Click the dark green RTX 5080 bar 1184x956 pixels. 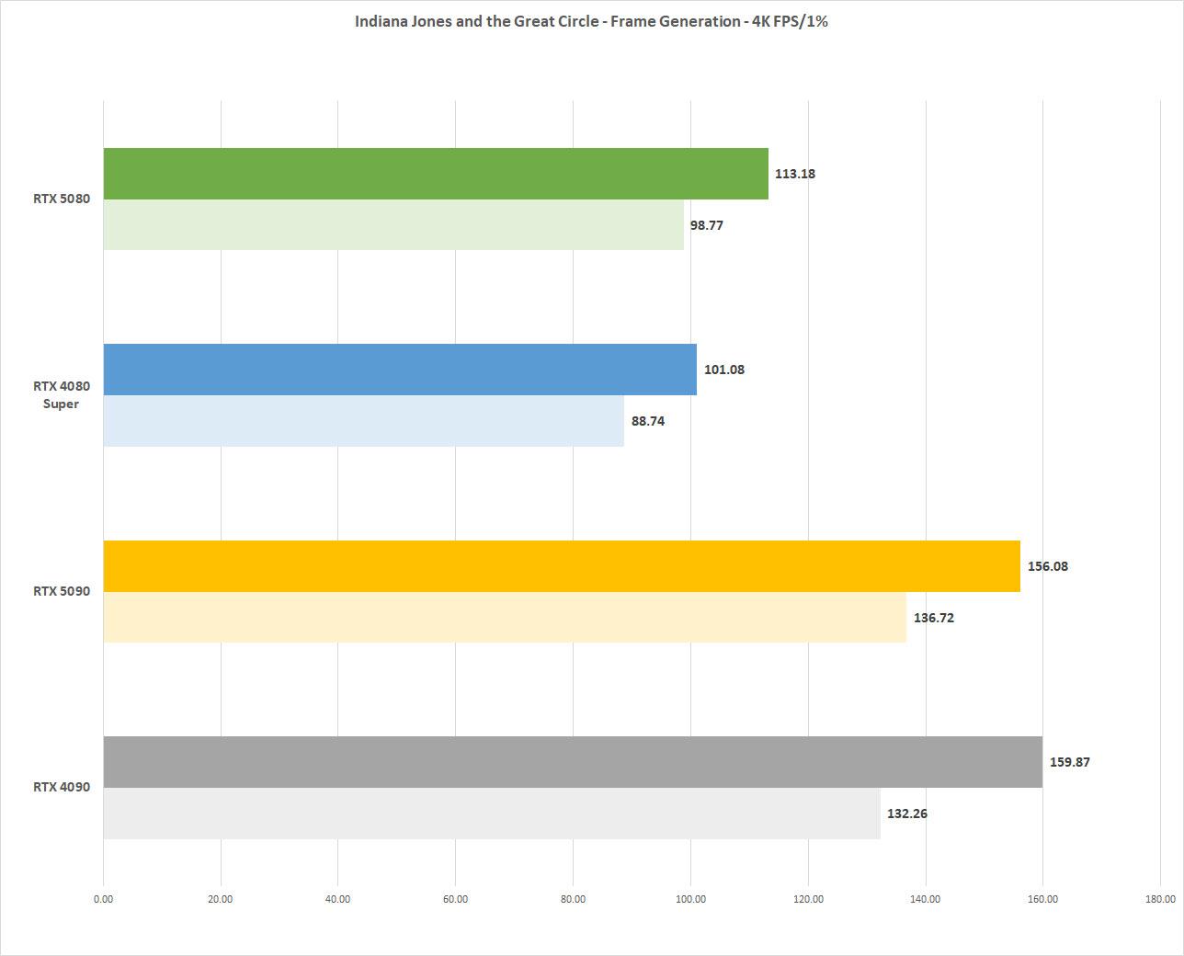436,174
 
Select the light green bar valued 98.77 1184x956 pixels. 393,225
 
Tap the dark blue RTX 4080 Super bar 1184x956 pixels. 400,370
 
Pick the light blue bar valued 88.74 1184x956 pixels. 363,421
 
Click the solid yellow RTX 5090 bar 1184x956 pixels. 562,566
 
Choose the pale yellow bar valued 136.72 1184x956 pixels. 505,618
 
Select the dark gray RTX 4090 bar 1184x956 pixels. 573,762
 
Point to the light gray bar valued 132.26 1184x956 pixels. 492,814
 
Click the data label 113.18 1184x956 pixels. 795,174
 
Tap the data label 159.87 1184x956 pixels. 1070,762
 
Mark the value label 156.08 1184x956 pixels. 1048,566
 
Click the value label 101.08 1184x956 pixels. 724,370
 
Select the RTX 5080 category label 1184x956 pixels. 62,199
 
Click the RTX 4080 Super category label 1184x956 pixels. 62,395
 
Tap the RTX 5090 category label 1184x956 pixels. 62,591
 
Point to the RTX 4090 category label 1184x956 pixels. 62,787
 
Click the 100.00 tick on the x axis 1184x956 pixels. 690,900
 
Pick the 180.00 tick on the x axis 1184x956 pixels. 1160,900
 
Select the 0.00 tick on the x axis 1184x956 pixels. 103,900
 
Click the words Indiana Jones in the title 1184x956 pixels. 403,21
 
